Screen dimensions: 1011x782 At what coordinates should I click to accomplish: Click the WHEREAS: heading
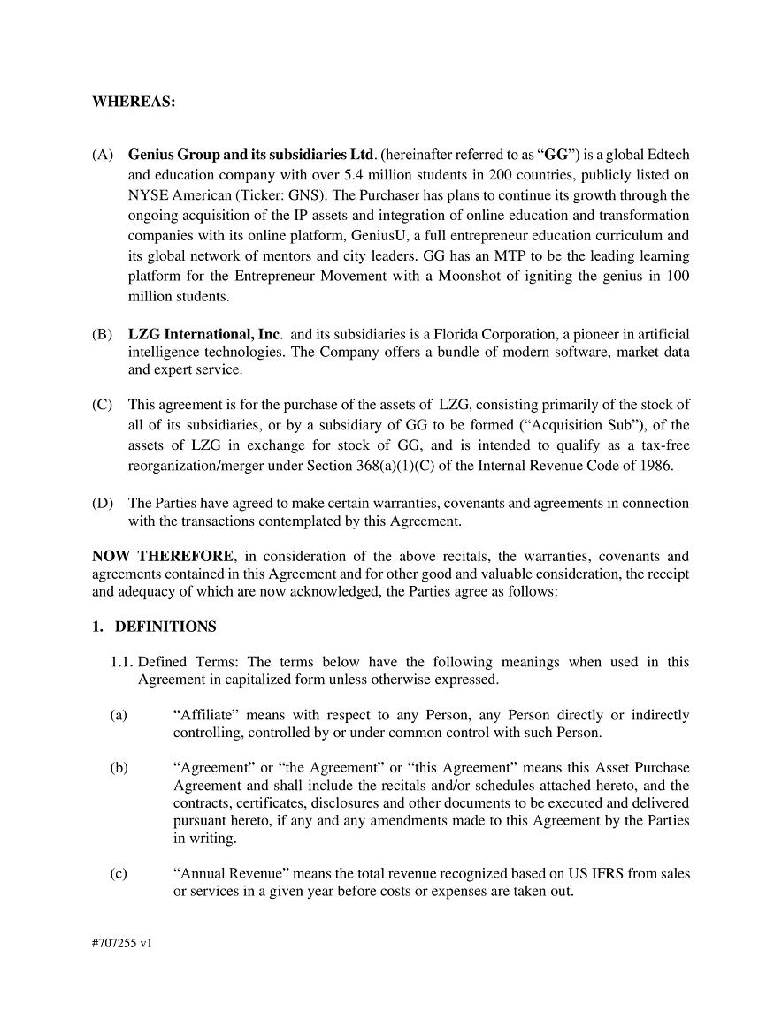coord(134,102)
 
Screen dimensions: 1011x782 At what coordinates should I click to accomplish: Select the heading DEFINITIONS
coord(165,627)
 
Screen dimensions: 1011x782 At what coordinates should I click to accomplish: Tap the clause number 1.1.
coord(122,662)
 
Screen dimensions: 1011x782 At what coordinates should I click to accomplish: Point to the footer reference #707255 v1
coord(121,943)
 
